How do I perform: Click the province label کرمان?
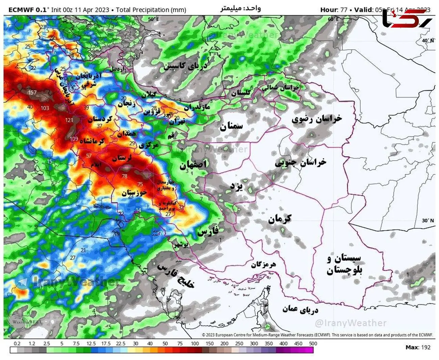pyautogui.click(x=280, y=219)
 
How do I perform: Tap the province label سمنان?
pyautogui.click(x=231, y=127)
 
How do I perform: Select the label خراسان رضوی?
pyautogui.click(x=316, y=119)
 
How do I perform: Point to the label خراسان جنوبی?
pyautogui.click(x=300, y=162)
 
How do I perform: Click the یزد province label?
pyautogui.click(x=236, y=186)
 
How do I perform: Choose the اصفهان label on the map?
pyautogui.click(x=193, y=165)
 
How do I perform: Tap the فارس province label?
pyautogui.click(x=208, y=231)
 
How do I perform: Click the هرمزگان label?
pyautogui.click(x=263, y=265)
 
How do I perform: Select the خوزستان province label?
pyautogui.click(x=134, y=193)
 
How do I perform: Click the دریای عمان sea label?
pyautogui.click(x=300, y=309)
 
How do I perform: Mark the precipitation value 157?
pyautogui.click(x=32, y=92)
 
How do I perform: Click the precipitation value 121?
pyautogui.click(x=69, y=120)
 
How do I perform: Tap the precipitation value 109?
pyautogui.click(x=74, y=139)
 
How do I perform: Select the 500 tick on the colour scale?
pyautogui.click(x=313, y=343)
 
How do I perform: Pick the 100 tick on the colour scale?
pyautogui.click(x=195, y=343)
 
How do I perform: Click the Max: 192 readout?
pyautogui.click(x=418, y=347)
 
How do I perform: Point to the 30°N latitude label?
pyautogui.click(x=428, y=220)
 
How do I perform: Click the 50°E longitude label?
pyautogui.click(x=153, y=19)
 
